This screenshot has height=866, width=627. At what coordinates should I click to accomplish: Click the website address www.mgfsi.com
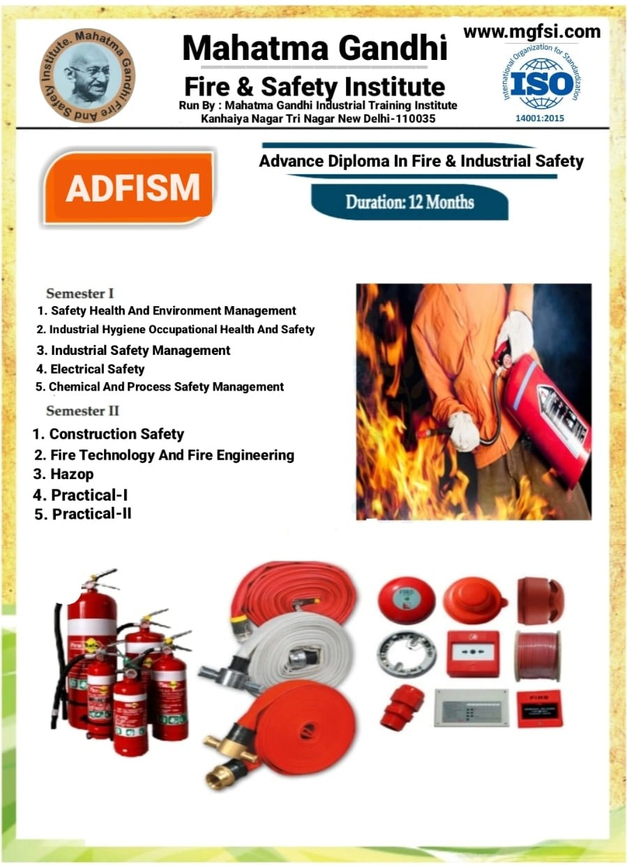coord(532,31)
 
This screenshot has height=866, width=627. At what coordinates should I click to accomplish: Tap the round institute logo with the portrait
coord(87,75)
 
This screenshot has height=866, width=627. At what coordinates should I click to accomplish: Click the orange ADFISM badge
coord(129,187)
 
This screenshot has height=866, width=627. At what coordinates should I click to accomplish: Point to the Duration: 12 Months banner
coord(409,202)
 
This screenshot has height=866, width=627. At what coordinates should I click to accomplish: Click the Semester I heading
coord(80,294)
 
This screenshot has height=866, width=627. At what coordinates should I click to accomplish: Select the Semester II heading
coord(82,411)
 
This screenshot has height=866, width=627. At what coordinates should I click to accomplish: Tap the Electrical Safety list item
coord(90,370)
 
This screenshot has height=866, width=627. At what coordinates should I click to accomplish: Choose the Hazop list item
coord(63,474)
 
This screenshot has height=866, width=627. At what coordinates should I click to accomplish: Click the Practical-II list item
coord(83,514)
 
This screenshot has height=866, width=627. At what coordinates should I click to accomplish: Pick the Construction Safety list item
coord(108,434)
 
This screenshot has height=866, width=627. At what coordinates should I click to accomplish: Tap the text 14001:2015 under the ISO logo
coord(540,118)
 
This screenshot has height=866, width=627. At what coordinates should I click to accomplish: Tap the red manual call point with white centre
coord(472,653)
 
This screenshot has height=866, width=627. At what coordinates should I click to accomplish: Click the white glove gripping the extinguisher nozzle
coord(464,431)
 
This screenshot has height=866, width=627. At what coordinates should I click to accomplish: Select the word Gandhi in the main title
coord(393,48)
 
